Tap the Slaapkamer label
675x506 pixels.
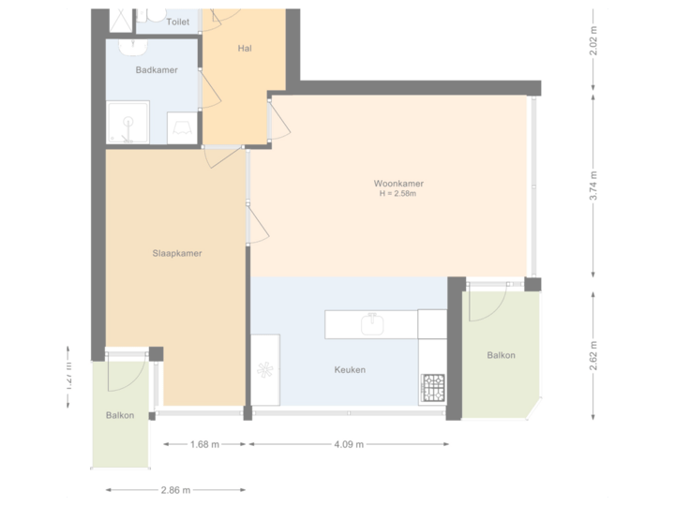click(177, 253)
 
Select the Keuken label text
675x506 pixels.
click(350, 370)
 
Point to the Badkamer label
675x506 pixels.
click(157, 70)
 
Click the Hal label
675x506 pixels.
click(246, 49)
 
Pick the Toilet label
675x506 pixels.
click(178, 21)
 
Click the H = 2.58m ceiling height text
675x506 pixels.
click(397, 194)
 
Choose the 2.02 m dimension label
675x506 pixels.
click(593, 42)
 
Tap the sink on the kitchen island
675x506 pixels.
click(371, 323)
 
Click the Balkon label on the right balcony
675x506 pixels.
click(502, 356)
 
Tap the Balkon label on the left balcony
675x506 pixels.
click(120, 416)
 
